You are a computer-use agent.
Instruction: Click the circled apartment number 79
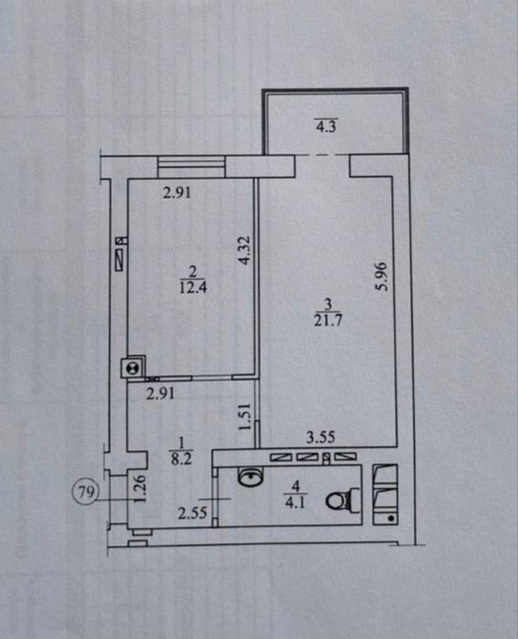[x=86, y=492]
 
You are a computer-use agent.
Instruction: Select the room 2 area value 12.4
[x=193, y=287]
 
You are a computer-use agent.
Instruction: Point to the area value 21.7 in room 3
[x=328, y=320]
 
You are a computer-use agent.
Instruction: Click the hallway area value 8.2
[x=181, y=459]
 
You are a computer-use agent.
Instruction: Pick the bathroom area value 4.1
[x=295, y=503]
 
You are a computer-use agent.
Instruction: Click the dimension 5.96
[x=382, y=276]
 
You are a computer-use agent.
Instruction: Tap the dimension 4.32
[x=244, y=250]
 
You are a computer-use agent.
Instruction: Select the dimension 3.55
[x=321, y=437]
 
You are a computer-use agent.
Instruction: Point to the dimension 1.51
[x=244, y=417]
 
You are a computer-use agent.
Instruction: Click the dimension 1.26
[x=139, y=489]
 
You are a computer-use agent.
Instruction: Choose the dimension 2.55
[x=193, y=513]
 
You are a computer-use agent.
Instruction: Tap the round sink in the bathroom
[x=250, y=475]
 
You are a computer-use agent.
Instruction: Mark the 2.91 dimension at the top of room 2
[x=176, y=192]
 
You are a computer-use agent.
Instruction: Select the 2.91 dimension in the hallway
[x=161, y=393]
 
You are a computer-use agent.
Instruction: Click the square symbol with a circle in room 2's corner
[x=132, y=367]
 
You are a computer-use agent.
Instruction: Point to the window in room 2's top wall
[x=192, y=166]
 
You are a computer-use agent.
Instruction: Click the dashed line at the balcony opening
[x=322, y=155]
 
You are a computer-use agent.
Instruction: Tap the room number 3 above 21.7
[x=328, y=304]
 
